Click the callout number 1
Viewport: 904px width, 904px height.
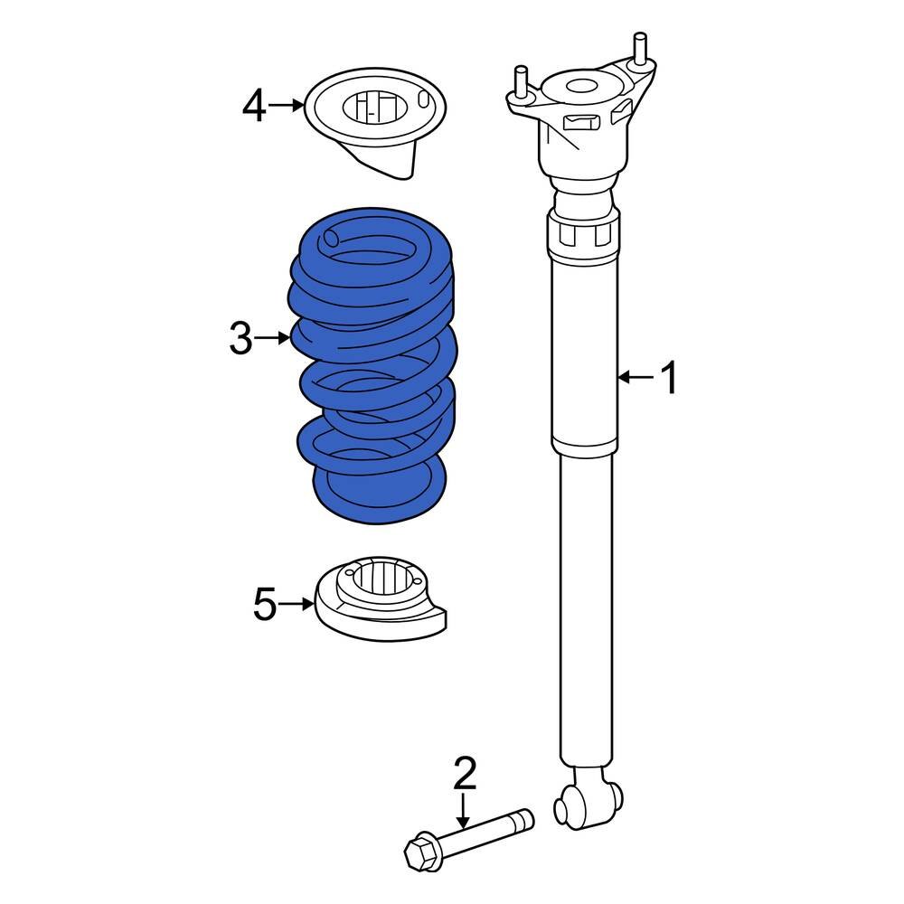[x=669, y=378]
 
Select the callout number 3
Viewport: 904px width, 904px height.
[x=240, y=339]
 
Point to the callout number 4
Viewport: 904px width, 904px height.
[x=254, y=108]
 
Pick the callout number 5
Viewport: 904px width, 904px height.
[x=264, y=604]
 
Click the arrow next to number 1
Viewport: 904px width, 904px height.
[x=636, y=378]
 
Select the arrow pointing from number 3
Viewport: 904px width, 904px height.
[x=273, y=339]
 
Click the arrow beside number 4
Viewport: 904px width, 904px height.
[x=287, y=107]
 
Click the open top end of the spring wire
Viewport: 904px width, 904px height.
[x=334, y=239]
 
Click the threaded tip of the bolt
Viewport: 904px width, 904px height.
[x=522, y=820]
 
